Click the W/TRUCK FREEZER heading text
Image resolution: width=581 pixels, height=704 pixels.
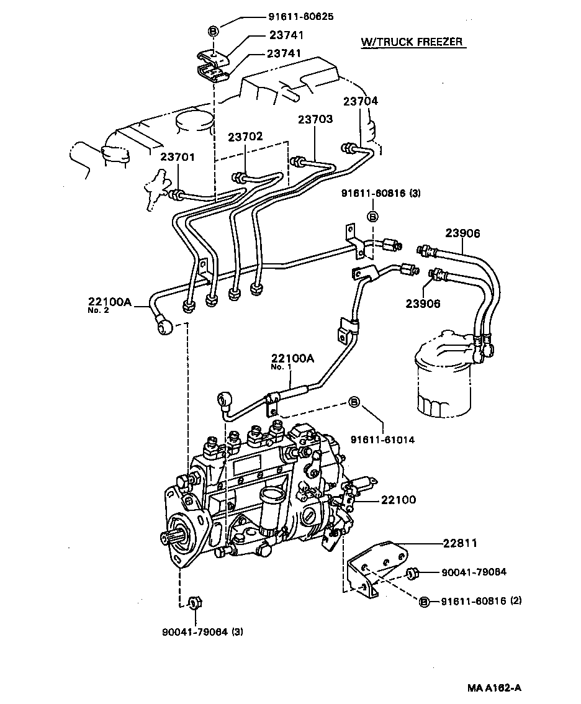[412, 42]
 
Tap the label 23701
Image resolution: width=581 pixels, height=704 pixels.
[178, 158]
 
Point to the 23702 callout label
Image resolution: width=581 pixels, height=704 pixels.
[245, 137]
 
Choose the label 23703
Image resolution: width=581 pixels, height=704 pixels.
[315, 119]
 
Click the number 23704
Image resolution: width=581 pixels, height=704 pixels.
[360, 101]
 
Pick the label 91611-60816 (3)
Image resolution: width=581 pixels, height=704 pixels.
[381, 194]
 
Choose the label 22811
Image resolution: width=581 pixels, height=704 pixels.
[460, 543]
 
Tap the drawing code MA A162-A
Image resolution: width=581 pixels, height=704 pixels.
[495, 688]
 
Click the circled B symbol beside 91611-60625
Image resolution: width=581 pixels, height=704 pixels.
[213, 31]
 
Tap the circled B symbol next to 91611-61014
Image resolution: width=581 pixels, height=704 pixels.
[354, 402]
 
